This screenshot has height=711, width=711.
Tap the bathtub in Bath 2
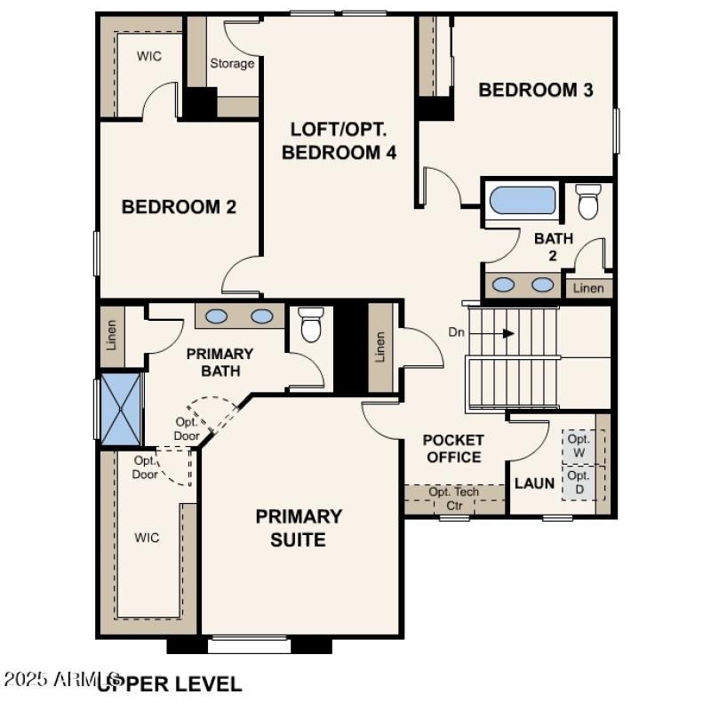(x=522, y=200)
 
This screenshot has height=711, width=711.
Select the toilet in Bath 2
(x=587, y=202)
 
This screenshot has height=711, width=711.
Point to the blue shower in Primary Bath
(x=119, y=409)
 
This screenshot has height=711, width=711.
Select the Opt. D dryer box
(x=579, y=483)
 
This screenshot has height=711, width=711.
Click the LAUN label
(x=535, y=484)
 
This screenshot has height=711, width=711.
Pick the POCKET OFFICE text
(x=453, y=449)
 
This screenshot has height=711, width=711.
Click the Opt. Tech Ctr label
(x=454, y=499)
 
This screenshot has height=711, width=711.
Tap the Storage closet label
(x=232, y=63)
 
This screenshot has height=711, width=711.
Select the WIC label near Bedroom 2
(x=149, y=56)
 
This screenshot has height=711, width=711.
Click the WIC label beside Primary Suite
(x=147, y=538)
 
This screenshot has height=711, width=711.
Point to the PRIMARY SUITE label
(x=299, y=528)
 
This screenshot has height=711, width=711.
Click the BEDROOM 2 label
(x=179, y=207)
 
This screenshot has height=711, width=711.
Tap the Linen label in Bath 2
(x=588, y=288)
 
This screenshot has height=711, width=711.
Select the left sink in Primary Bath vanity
(x=216, y=316)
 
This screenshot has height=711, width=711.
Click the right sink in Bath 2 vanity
(x=541, y=285)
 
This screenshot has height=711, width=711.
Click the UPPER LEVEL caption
(x=169, y=684)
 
